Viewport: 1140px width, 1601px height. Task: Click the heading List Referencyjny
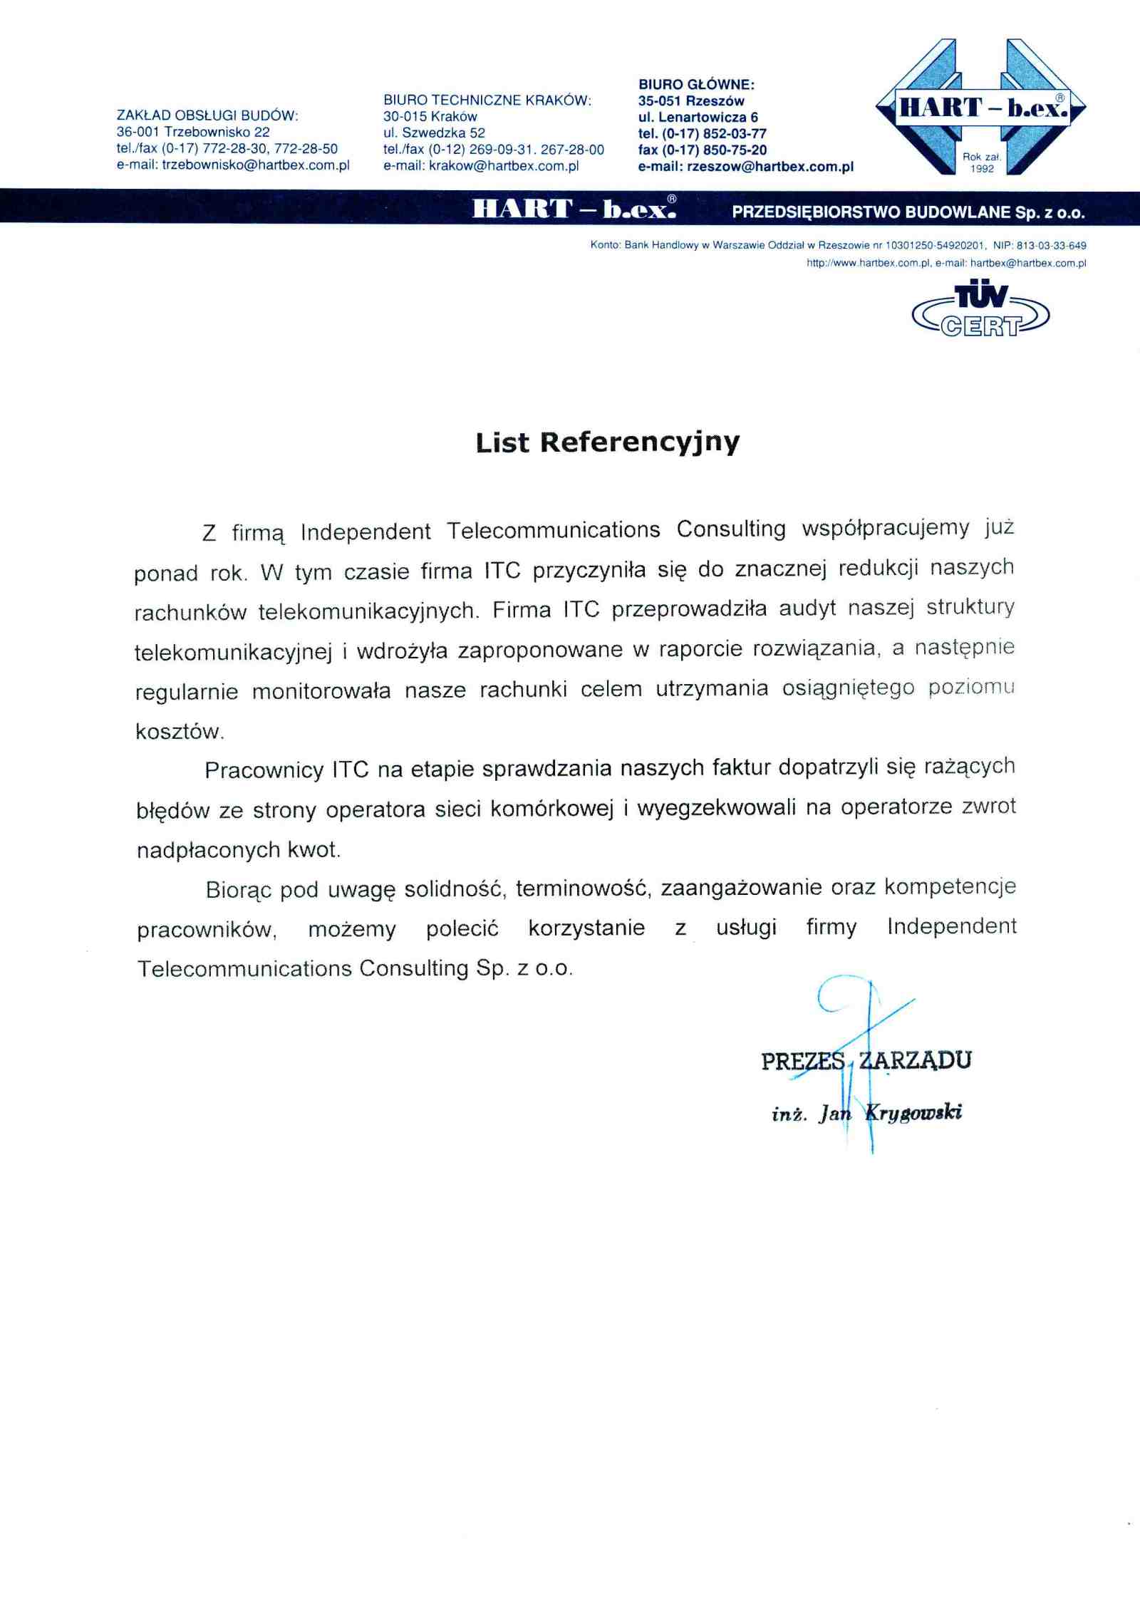[608, 442]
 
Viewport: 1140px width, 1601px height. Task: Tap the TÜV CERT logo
[980, 311]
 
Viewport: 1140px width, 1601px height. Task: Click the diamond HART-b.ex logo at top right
[981, 107]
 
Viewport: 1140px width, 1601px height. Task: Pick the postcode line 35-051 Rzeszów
[691, 101]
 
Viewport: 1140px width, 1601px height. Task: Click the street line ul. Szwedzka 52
[434, 133]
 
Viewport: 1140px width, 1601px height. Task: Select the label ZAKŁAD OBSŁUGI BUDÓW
[207, 115]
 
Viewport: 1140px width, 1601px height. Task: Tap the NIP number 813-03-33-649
[1051, 245]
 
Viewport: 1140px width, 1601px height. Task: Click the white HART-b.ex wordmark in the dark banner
[574, 208]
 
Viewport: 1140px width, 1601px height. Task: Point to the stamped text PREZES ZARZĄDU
[866, 1061]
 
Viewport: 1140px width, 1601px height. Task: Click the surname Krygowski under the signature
[913, 1112]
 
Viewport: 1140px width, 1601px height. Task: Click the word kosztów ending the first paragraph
[180, 732]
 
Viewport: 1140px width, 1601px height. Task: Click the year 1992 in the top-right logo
[982, 169]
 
